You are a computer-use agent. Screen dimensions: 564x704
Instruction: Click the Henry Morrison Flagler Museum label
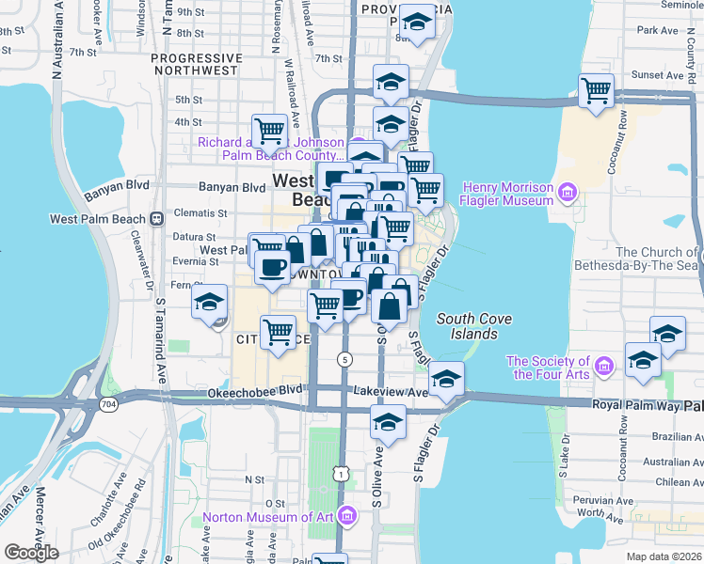pyautogui.click(x=506, y=194)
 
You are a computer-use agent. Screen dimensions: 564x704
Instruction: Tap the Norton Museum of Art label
pyautogui.click(x=268, y=517)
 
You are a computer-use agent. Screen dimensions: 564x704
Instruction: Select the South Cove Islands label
pyautogui.click(x=474, y=326)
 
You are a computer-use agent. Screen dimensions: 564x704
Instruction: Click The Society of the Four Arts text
pyautogui.click(x=549, y=368)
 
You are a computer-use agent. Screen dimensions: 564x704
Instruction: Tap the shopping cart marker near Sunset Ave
pyautogui.click(x=596, y=91)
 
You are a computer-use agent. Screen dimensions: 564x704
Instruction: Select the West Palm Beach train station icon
pyautogui.click(x=156, y=219)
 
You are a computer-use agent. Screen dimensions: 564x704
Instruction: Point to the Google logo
pyautogui.click(x=31, y=553)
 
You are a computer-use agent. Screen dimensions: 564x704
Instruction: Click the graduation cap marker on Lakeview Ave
pyautogui.click(x=446, y=379)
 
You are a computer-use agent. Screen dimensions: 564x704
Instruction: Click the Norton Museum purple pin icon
pyautogui.click(x=347, y=516)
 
